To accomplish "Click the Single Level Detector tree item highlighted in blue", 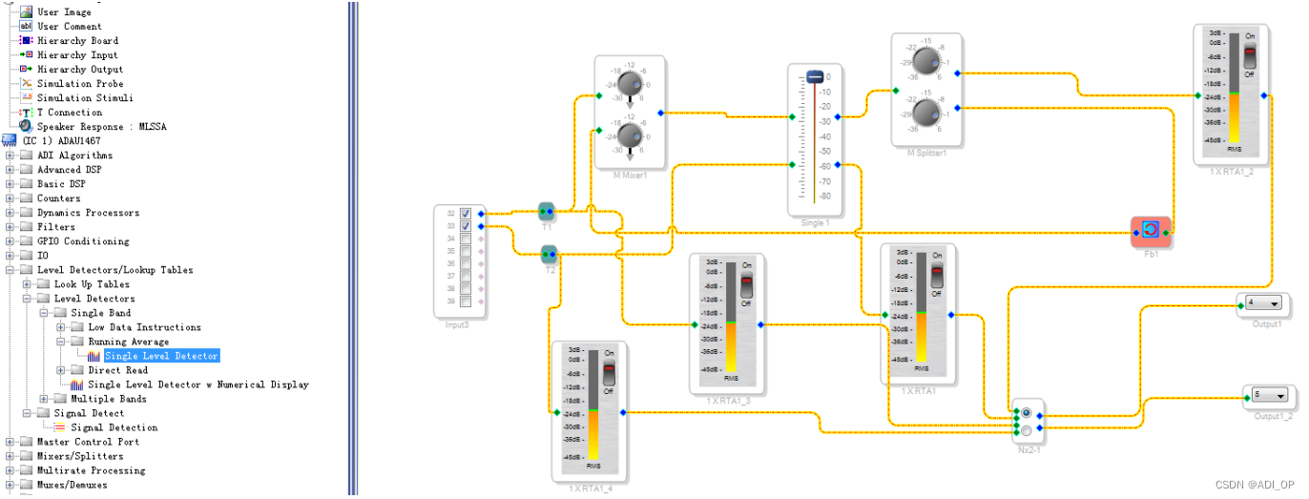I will (160, 356).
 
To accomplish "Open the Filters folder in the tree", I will (55, 227).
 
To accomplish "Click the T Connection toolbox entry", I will (69, 113).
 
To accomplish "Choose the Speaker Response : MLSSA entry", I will (93, 127).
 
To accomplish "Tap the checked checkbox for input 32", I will (466, 214).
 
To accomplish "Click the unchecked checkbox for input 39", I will (466, 301).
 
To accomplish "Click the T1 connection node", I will (547, 210).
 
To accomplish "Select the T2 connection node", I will (549, 254).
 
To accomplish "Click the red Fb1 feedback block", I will (1150, 230).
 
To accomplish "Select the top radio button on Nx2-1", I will (1026, 413).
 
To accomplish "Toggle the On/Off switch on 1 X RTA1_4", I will (608, 373).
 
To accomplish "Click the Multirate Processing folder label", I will (91, 470).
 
